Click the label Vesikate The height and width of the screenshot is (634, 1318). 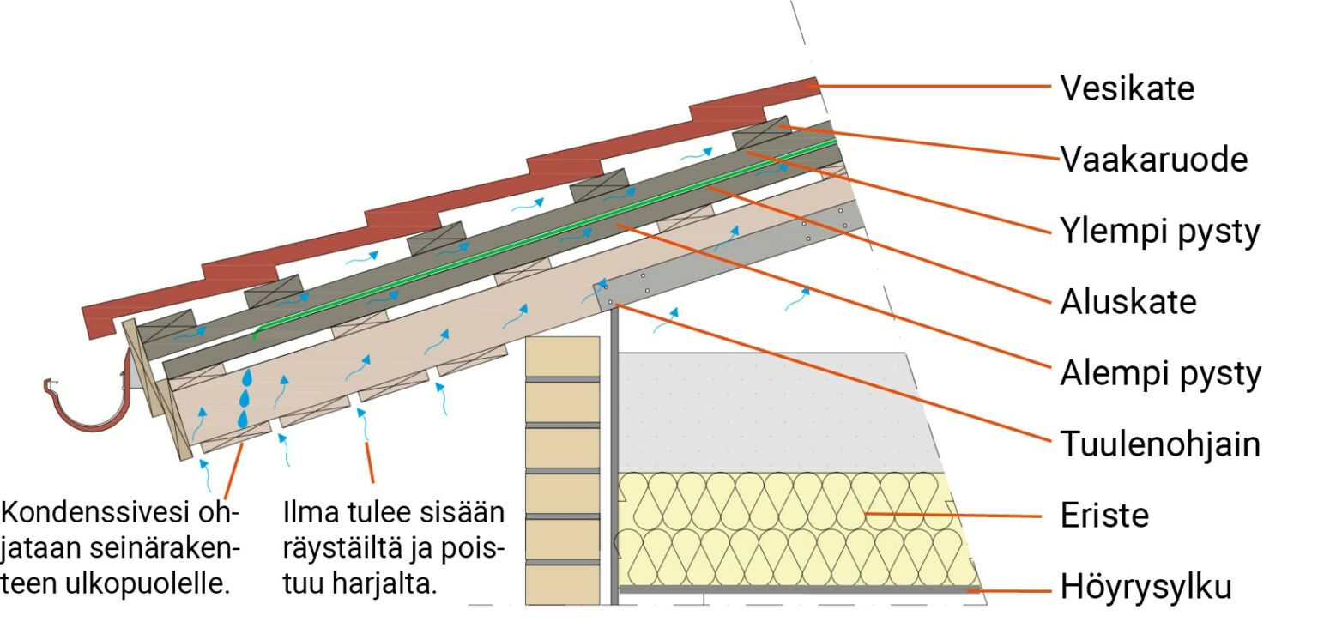coord(1127,88)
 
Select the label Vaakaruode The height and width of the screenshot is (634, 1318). coord(1154,160)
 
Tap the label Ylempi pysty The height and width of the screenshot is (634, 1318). coord(1160,232)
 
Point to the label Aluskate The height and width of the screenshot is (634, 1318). coord(1128,302)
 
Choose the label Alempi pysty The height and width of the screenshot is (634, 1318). coord(1160,374)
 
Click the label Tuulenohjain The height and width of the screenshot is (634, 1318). coord(1160,444)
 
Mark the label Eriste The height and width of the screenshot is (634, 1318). coord(1104,516)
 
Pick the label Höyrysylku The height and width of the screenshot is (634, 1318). coord(1146,588)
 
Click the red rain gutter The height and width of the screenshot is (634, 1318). coord(86,408)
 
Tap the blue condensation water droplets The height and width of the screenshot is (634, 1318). coord(245,398)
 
